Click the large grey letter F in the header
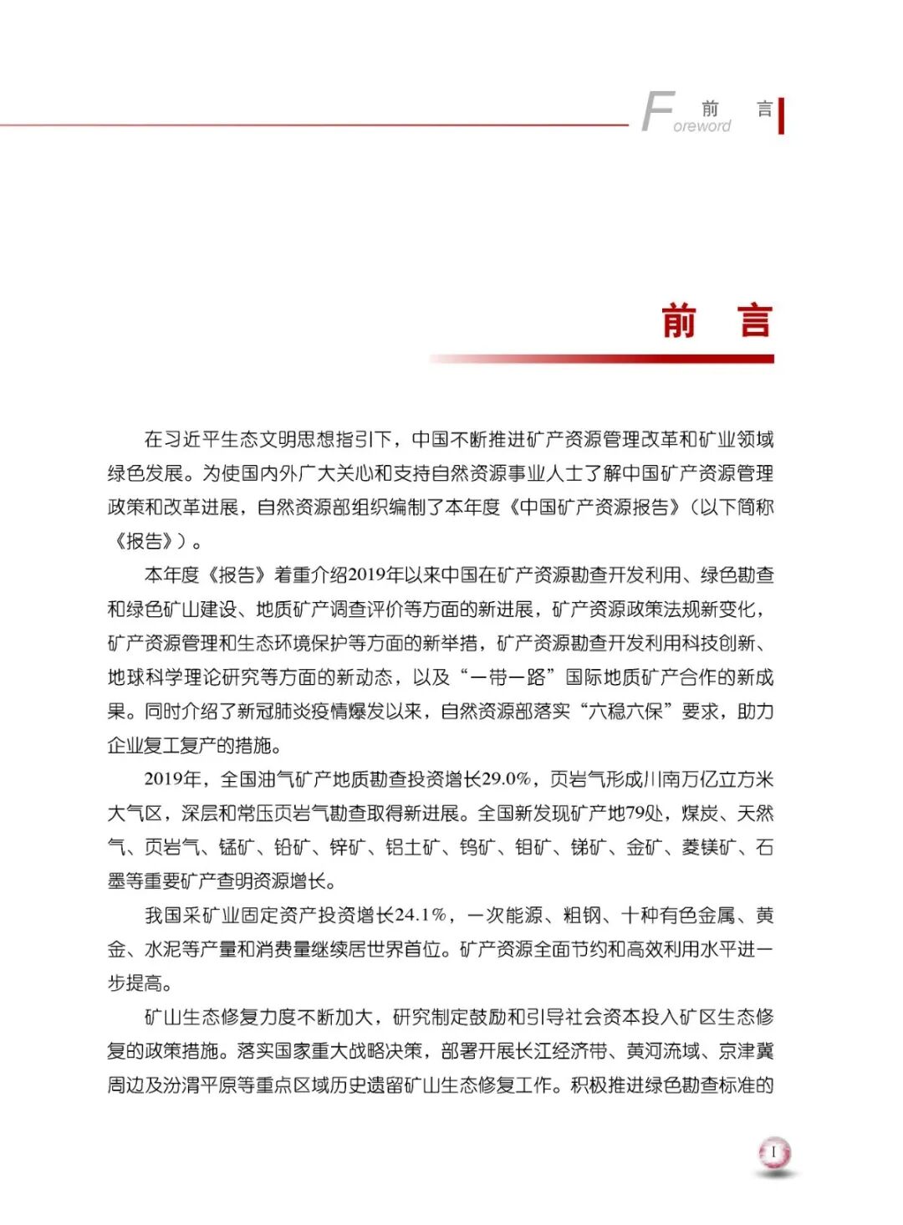coord(657,112)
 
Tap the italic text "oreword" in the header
coord(701,126)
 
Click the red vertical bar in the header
coord(781,115)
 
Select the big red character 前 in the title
coord(678,321)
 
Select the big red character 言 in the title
coord(754,321)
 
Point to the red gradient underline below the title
coord(602,359)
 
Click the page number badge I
coord(774,1153)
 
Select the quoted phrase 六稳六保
coord(625,712)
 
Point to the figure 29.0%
coord(507,779)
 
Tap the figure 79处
coord(645,814)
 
